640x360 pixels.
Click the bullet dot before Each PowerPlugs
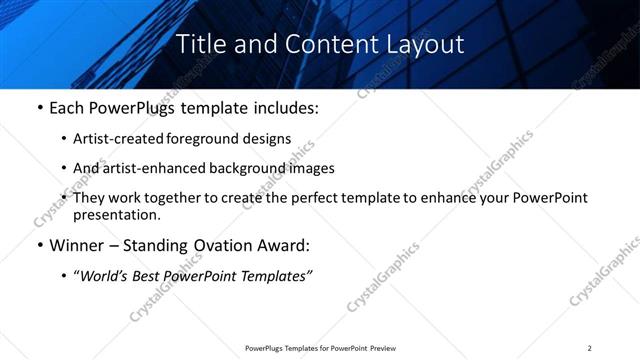(x=39, y=105)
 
